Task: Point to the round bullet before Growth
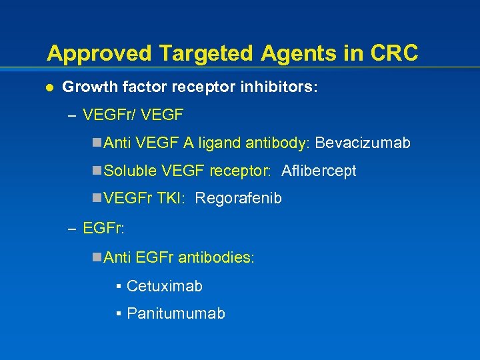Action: tap(49, 87)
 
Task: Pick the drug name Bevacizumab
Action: tap(363, 143)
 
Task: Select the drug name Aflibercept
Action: tap(319, 171)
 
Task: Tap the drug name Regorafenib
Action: tap(239, 199)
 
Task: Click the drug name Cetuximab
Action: tap(164, 286)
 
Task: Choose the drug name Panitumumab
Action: tap(175, 313)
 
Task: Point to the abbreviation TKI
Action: tap(172, 199)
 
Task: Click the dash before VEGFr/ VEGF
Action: tap(72, 116)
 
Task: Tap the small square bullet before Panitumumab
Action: tap(117, 313)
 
